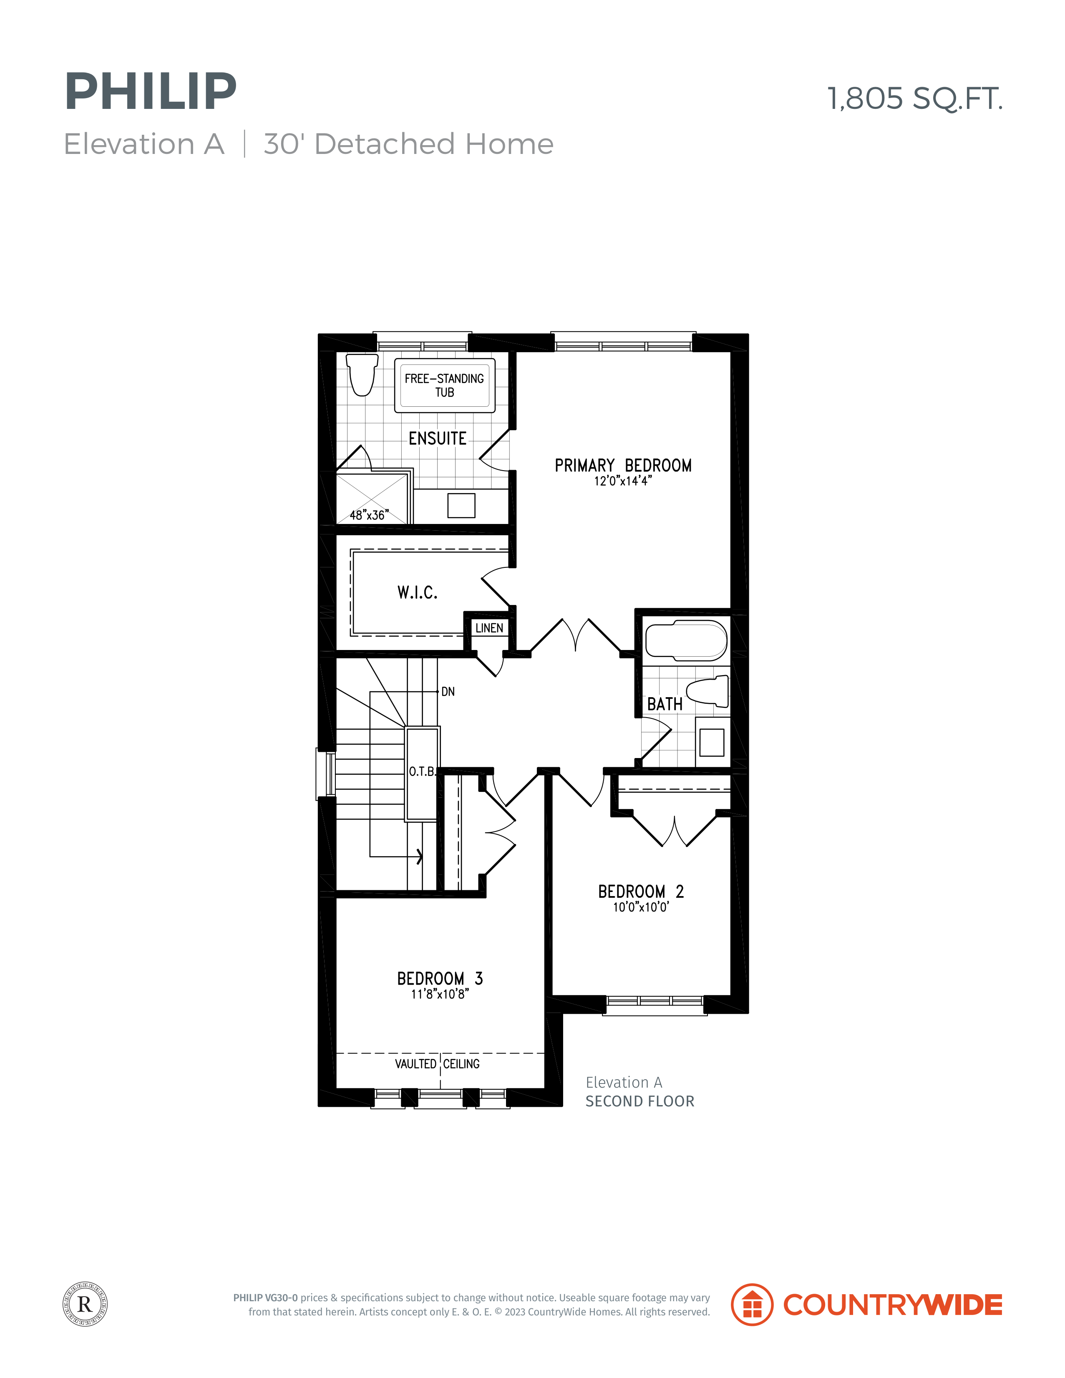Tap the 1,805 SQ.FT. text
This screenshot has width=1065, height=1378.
(x=914, y=99)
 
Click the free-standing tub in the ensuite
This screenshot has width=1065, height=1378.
(x=445, y=385)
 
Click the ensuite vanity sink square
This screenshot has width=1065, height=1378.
(x=461, y=505)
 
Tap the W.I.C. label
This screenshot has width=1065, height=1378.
(x=417, y=592)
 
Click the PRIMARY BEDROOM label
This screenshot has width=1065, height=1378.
(x=623, y=466)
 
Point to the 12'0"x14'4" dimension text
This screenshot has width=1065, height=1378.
(x=623, y=481)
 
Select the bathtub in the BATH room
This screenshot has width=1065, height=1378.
(x=686, y=640)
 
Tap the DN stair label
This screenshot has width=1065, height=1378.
(x=448, y=692)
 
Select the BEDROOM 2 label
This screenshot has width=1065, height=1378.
(x=641, y=892)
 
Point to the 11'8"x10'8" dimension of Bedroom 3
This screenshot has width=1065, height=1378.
(x=440, y=994)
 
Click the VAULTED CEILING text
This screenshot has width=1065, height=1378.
(x=437, y=1064)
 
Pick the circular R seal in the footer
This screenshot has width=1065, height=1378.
(x=85, y=1304)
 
